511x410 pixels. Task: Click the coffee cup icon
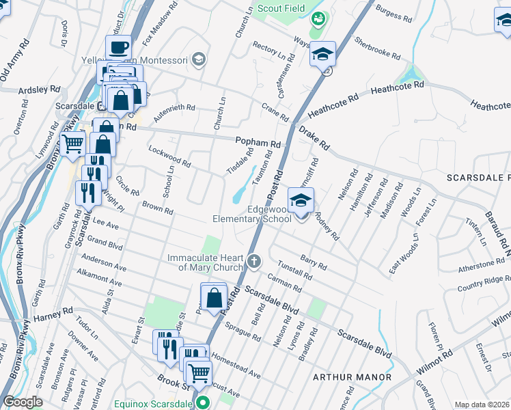118,48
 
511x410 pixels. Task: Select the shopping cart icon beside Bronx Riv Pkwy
73,144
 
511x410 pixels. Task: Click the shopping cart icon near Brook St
199,373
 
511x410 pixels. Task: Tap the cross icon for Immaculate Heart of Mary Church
253,260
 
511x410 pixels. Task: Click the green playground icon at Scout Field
318,20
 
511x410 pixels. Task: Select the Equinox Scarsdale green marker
202,403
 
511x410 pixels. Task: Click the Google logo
23,402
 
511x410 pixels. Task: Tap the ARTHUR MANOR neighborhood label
352,377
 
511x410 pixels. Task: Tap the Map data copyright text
481,405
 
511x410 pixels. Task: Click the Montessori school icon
198,59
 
